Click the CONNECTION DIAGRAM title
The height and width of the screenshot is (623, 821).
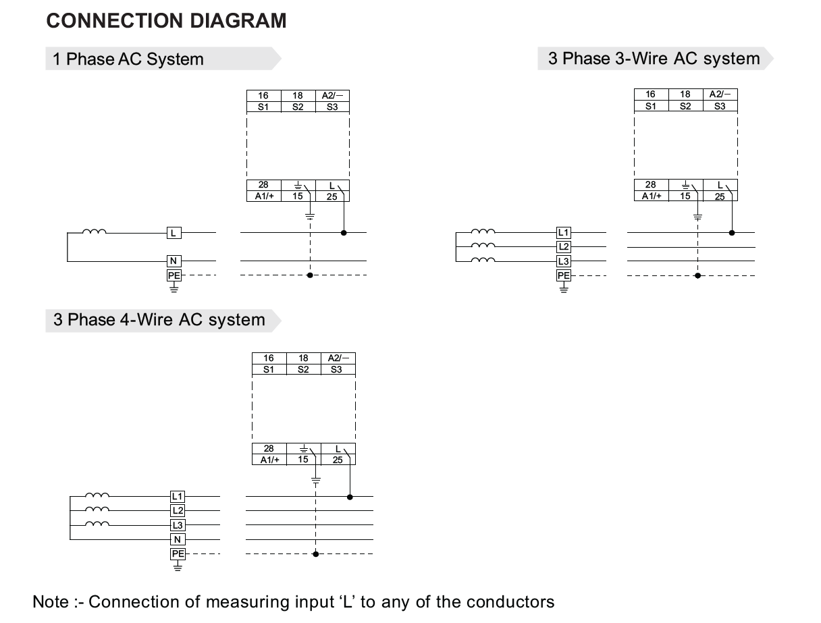point(166,21)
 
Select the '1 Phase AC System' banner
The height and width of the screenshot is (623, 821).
point(128,59)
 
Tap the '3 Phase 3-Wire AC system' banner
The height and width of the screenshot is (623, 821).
point(654,59)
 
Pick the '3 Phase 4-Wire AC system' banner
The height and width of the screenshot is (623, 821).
point(159,319)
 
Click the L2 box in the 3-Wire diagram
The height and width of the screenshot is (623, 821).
point(563,247)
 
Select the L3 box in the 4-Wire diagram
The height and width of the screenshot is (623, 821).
point(177,525)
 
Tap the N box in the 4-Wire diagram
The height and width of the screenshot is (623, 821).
point(177,539)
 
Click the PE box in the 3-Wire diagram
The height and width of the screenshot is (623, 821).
point(563,275)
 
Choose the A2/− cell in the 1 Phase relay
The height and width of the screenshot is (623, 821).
point(332,96)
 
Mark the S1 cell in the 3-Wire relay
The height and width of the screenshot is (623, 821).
point(650,106)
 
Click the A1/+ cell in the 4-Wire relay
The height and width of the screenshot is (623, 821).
point(269,460)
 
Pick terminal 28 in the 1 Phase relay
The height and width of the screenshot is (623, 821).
point(263,185)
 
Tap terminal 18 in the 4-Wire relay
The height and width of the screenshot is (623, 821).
point(303,358)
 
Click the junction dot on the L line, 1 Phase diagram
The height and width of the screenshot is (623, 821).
point(344,233)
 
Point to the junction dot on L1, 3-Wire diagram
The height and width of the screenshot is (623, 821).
point(732,233)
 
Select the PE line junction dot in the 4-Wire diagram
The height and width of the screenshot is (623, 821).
point(315,554)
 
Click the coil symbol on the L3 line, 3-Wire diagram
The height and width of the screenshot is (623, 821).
point(483,260)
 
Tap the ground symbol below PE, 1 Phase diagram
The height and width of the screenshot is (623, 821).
point(174,288)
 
